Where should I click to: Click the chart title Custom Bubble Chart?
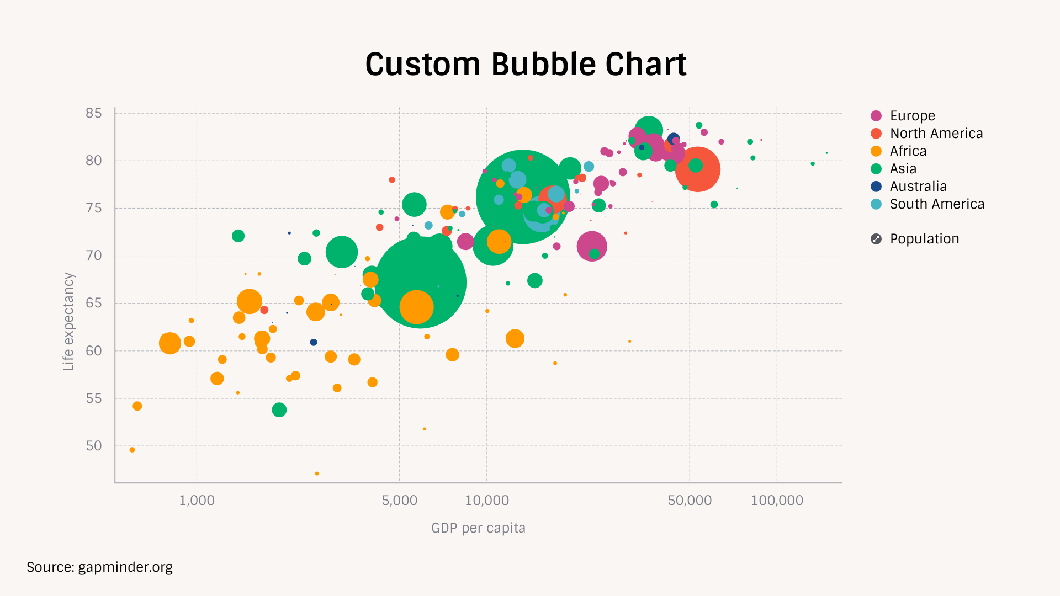[526, 64]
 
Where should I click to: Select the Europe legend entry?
[912, 116]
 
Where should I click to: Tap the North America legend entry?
[936, 134]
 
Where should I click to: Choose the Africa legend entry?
[908, 151]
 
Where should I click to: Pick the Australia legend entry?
[918, 187]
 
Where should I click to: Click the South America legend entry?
[936, 204]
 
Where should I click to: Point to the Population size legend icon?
[876, 239]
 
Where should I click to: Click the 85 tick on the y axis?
[94, 113]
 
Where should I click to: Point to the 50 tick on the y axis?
[94, 446]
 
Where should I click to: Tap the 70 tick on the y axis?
[94, 256]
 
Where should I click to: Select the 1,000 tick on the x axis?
[197, 501]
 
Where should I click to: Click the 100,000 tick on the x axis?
[777, 501]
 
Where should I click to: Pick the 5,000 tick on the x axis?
[400, 501]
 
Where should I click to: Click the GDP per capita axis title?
[478, 528]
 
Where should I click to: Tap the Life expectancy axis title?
[68, 321]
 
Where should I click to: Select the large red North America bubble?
[698, 169]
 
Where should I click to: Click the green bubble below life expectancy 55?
[279, 410]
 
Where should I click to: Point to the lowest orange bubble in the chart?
[317, 473]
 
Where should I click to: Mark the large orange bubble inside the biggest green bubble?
[416, 307]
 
